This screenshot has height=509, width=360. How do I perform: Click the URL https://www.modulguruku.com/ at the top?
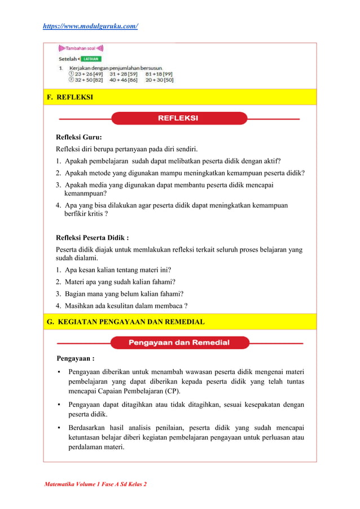(x=90, y=26)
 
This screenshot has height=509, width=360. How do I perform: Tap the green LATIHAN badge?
(x=90, y=58)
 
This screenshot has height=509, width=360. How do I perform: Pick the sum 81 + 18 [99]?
(x=159, y=73)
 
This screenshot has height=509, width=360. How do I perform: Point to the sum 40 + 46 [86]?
(x=124, y=80)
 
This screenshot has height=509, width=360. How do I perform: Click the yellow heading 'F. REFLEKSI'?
(x=71, y=98)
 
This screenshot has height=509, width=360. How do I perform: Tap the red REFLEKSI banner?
(x=178, y=119)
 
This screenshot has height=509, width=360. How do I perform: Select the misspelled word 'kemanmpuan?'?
(x=86, y=193)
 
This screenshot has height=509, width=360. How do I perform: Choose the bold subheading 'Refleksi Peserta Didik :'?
(x=96, y=238)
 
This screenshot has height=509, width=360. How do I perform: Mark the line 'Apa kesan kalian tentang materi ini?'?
(x=118, y=270)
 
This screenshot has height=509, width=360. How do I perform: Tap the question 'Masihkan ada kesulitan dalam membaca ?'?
(x=126, y=305)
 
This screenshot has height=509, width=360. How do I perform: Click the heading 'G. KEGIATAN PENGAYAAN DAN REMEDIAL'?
(x=126, y=322)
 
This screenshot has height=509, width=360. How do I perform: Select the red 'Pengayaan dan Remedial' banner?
(x=178, y=343)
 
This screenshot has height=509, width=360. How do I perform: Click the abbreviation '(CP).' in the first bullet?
(x=172, y=390)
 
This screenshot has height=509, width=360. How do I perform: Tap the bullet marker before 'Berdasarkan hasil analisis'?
(x=59, y=428)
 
